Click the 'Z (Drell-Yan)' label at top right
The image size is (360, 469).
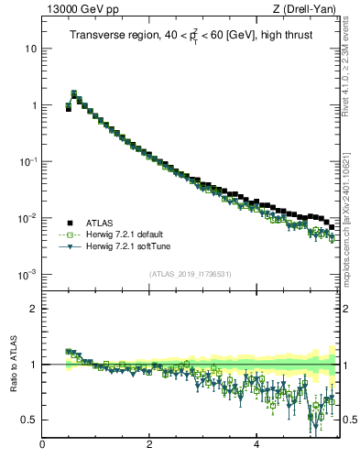[304, 9]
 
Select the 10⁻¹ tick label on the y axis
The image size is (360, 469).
[28, 161]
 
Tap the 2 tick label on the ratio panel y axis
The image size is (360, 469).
[33, 309]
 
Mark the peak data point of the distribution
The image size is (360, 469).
[73, 93]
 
